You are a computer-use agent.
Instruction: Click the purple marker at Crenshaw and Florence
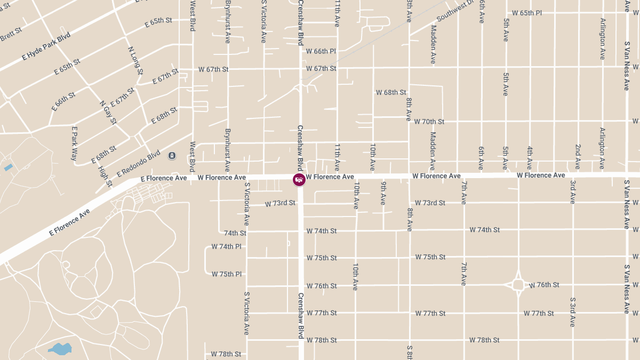click(x=299, y=179)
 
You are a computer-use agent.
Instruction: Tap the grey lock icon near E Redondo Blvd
click(x=172, y=155)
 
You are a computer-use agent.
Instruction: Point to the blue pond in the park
click(x=60, y=349)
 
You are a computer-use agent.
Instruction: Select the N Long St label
click(x=136, y=60)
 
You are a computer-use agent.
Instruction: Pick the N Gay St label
click(x=108, y=113)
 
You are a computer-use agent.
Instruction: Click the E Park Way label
click(x=75, y=143)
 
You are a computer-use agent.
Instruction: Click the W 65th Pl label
click(x=527, y=13)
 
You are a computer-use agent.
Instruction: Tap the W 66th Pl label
click(x=321, y=51)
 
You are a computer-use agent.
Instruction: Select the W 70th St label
click(x=429, y=122)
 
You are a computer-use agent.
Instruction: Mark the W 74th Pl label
click(x=226, y=246)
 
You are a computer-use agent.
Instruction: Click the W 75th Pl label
click(x=226, y=274)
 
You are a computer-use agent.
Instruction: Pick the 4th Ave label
click(x=530, y=157)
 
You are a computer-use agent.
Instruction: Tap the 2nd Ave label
click(x=578, y=156)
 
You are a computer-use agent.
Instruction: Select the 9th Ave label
click(x=383, y=193)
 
